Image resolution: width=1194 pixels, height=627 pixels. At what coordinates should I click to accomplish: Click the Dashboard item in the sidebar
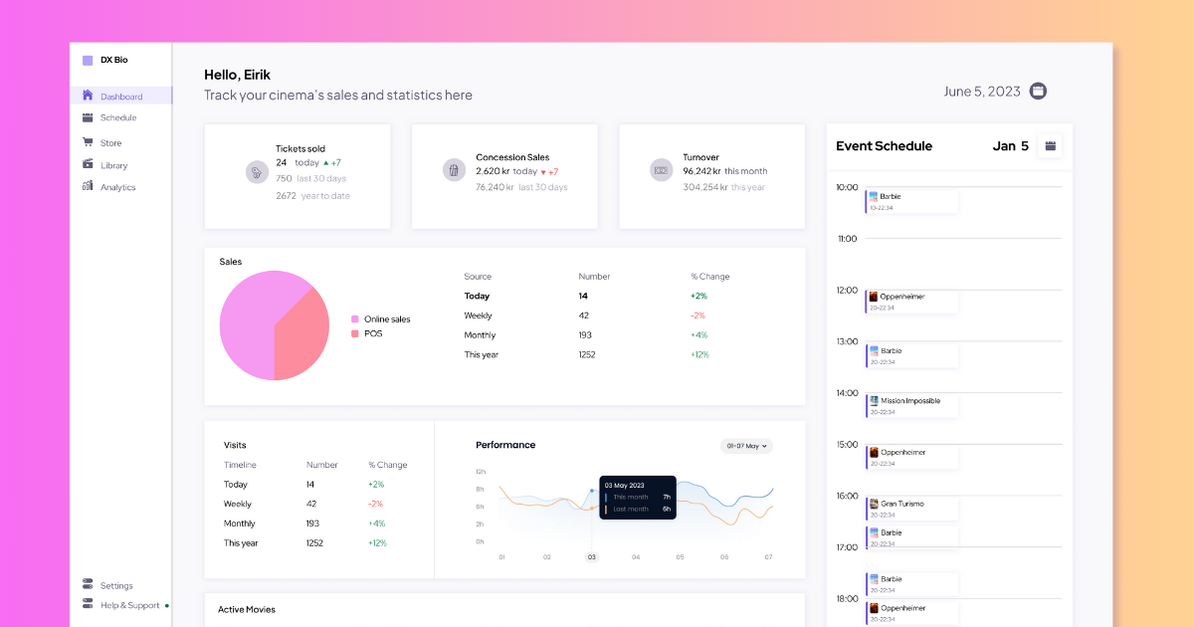pyautogui.click(x=120, y=97)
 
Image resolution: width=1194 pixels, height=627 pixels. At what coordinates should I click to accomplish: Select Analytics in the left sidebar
pyautogui.click(x=117, y=187)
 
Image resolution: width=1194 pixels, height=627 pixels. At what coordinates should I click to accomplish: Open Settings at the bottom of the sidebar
pyautogui.click(x=115, y=585)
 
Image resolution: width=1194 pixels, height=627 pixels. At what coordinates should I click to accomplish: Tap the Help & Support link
pyautogui.click(x=129, y=605)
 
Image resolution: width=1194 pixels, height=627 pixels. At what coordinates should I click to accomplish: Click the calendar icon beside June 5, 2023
pyautogui.click(x=1038, y=92)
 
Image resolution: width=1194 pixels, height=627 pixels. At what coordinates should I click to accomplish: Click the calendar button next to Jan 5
pyautogui.click(x=1050, y=146)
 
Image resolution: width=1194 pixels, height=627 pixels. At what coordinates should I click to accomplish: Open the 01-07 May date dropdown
pyautogui.click(x=746, y=446)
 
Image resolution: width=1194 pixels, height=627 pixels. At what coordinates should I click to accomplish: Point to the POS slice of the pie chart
pyautogui.click(x=303, y=333)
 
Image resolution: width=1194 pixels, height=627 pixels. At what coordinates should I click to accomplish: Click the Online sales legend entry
pyautogui.click(x=386, y=319)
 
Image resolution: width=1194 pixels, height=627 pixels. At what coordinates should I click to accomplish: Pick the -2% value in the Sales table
pyautogui.click(x=697, y=315)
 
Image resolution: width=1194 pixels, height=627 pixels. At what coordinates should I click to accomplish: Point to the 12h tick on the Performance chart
pyautogui.click(x=480, y=472)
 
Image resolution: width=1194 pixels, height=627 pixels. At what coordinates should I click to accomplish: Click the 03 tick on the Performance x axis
pyautogui.click(x=591, y=557)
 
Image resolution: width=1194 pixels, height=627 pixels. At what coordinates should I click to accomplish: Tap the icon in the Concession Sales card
pyautogui.click(x=455, y=170)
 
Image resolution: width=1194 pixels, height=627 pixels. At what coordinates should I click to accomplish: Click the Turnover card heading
pyautogui.click(x=700, y=157)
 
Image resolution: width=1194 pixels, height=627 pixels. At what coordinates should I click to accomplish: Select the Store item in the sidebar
pyautogui.click(x=110, y=143)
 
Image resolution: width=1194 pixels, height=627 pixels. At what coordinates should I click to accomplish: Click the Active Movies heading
pyautogui.click(x=247, y=609)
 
